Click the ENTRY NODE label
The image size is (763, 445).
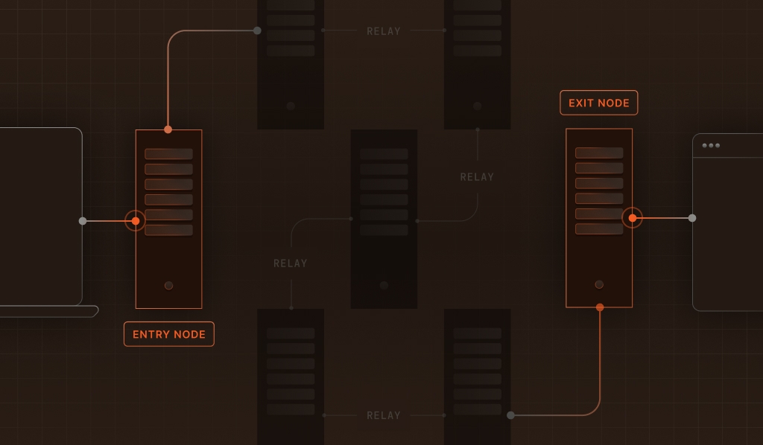[x=168, y=334]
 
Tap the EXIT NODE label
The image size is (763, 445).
[x=599, y=103]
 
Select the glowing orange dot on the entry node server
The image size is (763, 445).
[x=136, y=221]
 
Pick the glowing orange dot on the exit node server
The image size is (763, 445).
[x=632, y=218]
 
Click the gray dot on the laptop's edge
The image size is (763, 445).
[x=83, y=221]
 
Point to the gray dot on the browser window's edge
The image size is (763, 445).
[x=692, y=218]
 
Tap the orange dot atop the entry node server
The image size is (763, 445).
[x=168, y=129]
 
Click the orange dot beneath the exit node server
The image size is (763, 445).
[x=600, y=307]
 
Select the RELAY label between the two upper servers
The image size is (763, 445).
[x=384, y=31]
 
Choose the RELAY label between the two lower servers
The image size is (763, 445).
[x=384, y=415]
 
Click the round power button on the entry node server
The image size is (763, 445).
[x=168, y=286]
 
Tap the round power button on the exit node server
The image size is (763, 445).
[x=599, y=284]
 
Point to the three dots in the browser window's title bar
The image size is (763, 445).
[x=711, y=145]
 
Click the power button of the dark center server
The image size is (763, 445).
[x=384, y=286]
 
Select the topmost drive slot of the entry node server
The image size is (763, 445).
[x=168, y=154]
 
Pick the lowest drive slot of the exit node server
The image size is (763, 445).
[x=599, y=228]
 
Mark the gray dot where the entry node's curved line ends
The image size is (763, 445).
[x=257, y=31]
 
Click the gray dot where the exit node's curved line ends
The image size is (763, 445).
[x=510, y=415]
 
